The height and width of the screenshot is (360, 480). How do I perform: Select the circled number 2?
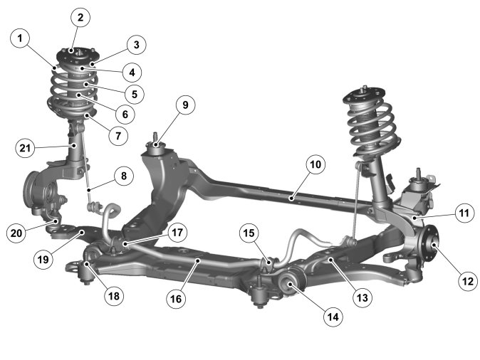(x=80, y=17)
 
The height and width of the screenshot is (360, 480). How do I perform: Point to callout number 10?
(x=315, y=164)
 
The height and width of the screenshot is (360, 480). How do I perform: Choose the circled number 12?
(x=466, y=281)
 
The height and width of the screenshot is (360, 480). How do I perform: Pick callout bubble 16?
(x=177, y=300)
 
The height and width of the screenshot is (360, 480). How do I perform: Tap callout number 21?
(x=26, y=148)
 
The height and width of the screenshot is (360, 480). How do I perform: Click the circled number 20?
(x=17, y=232)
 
